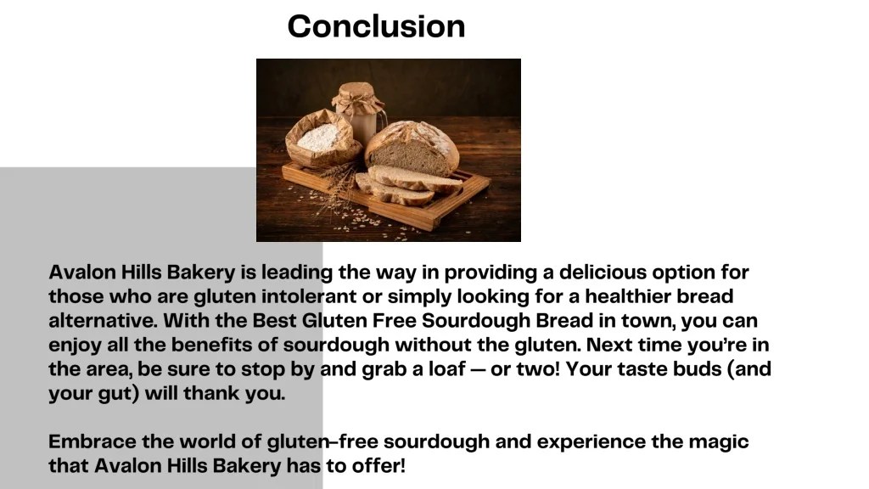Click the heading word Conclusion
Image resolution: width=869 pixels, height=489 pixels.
[x=376, y=26]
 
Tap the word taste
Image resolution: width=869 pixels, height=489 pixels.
[x=628, y=371]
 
